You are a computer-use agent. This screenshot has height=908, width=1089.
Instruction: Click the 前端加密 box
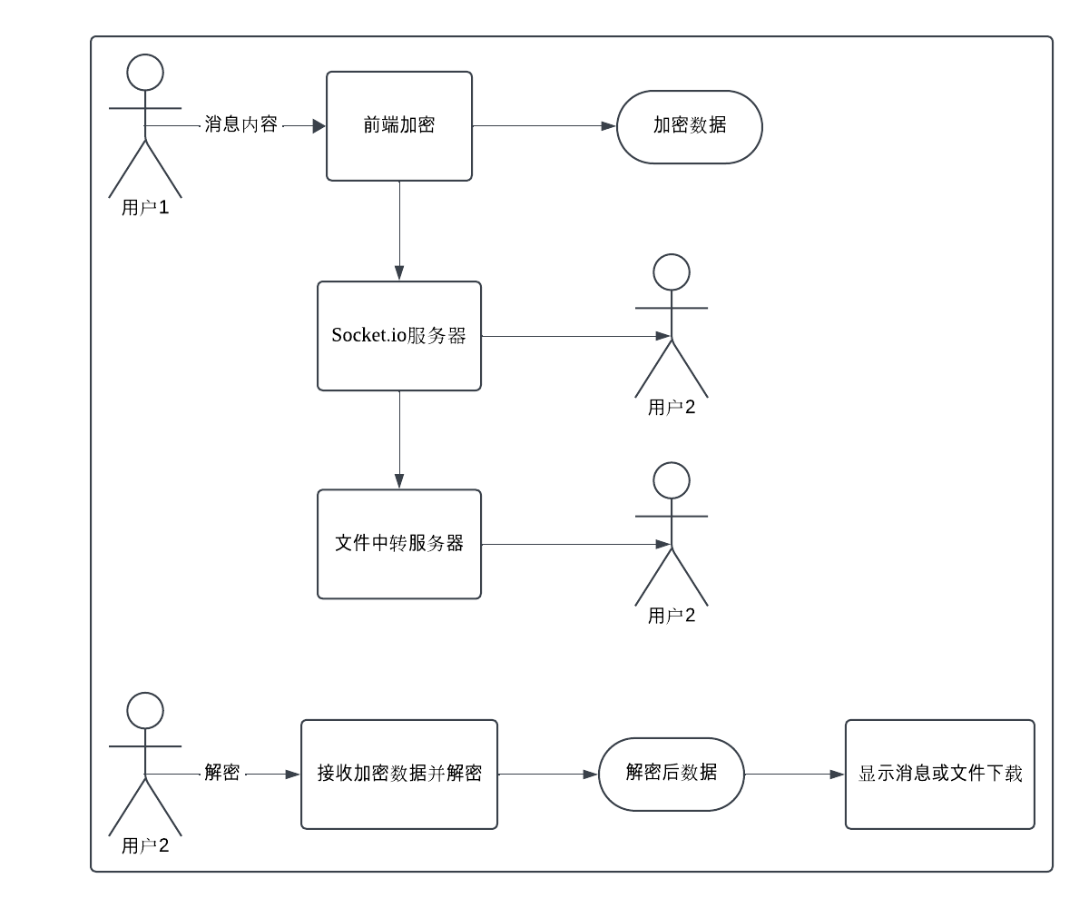(399, 126)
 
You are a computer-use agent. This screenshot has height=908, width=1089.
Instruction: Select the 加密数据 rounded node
(690, 126)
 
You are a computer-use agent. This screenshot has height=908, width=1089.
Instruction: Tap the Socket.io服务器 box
(399, 336)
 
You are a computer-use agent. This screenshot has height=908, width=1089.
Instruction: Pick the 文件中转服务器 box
(399, 544)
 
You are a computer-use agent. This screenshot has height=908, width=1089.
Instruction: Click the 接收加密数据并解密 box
(399, 774)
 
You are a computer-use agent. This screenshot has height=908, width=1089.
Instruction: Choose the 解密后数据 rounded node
(672, 774)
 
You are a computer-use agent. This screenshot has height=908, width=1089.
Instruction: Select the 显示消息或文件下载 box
(940, 774)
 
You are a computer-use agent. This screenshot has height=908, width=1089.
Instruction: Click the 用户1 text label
(145, 208)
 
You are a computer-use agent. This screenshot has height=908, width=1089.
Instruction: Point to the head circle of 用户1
(145, 73)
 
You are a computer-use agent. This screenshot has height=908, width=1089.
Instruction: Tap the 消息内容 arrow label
(241, 125)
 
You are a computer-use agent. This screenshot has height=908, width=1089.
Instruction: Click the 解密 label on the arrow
(222, 774)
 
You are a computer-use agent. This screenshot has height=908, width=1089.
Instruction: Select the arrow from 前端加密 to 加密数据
(544, 126)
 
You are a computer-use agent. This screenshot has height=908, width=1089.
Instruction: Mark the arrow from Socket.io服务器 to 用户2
(572, 336)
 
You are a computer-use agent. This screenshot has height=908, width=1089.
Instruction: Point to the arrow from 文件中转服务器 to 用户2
(572, 544)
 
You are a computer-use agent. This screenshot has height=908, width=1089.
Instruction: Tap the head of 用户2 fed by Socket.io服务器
(672, 271)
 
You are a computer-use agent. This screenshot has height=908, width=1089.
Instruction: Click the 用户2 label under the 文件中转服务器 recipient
(672, 617)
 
